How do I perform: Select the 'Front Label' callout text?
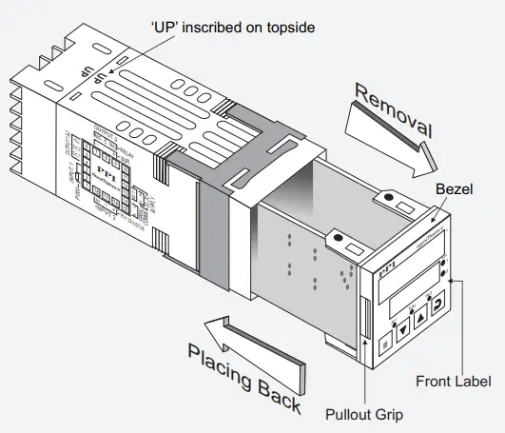click(x=453, y=382)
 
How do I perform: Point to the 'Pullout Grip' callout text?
click(x=364, y=415)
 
